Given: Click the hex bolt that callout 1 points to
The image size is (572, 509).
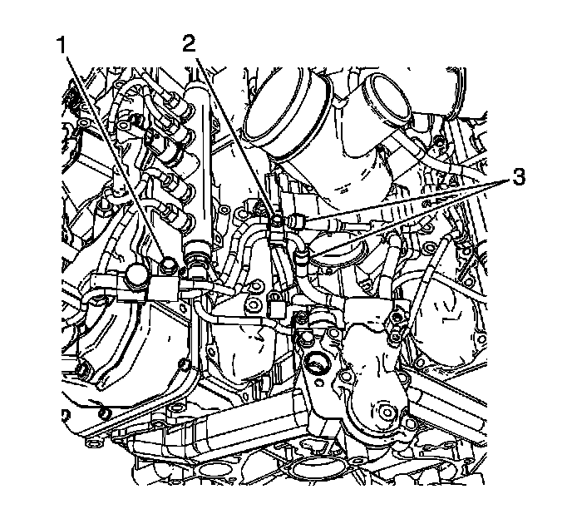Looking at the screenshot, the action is tap(171, 265).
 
